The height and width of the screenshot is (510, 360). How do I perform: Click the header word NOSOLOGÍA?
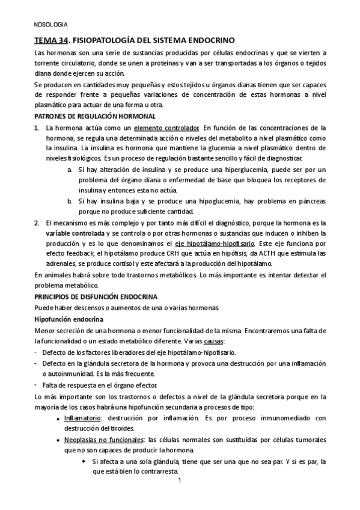click(x=50, y=25)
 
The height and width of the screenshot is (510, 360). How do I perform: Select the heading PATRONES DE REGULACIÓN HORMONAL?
click(x=95, y=116)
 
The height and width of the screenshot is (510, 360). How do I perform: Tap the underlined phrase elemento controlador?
click(x=166, y=127)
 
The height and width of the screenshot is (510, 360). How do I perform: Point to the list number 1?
click(x=37, y=127)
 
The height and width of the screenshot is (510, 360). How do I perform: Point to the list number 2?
click(x=37, y=222)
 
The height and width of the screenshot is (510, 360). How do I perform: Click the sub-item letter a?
click(x=70, y=170)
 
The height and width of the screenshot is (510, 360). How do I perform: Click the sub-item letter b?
click(x=70, y=201)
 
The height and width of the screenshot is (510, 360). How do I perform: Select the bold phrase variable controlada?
click(x=74, y=233)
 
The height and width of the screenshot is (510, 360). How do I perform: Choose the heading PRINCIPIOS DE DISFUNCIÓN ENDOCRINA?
click(x=96, y=296)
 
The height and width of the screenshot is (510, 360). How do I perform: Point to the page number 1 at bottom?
click(x=179, y=482)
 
